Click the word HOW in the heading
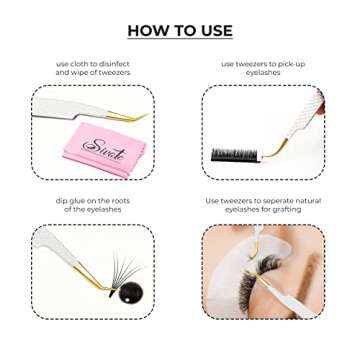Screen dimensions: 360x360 (147, 31)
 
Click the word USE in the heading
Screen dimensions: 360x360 (215, 31)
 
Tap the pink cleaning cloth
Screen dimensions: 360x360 (105, 150)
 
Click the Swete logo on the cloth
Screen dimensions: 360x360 (105, 148)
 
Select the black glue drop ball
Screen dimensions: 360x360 (130, 291)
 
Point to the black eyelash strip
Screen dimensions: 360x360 (236, 155)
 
